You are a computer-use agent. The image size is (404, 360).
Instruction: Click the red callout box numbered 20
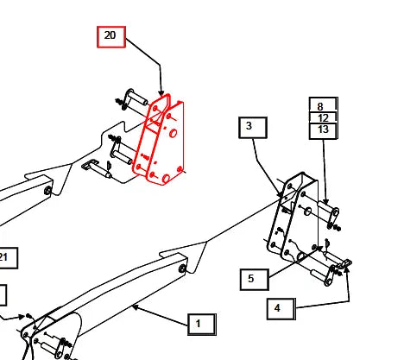tap(111, 37)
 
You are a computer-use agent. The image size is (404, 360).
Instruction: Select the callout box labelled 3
tap(253, 128)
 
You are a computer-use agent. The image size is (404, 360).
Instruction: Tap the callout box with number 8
tap(323, 105)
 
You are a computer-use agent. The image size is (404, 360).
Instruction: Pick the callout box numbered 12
tap(323, 118)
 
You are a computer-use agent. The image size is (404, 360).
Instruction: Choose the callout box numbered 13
tap(323, 131)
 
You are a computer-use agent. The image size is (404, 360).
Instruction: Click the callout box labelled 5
tap(255, 280)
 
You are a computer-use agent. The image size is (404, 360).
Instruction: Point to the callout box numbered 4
tap(281, 309)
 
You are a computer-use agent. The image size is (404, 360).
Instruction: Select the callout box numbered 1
tap(202, 325)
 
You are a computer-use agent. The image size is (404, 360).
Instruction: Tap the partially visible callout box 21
tap(8, 258)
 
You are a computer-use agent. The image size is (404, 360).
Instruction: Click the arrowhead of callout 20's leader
tap(161, 92)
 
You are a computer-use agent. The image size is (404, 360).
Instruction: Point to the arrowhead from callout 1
tap(136, 307)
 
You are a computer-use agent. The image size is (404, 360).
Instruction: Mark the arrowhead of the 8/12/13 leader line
tap(325, 201)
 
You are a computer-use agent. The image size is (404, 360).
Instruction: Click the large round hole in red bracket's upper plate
tap(174, 133)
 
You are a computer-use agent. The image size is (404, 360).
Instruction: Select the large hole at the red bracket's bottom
tap(166, 179)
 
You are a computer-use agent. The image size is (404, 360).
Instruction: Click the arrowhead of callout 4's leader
tap(346, 269)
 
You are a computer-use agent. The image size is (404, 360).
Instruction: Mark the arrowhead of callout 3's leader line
tap(281, 194)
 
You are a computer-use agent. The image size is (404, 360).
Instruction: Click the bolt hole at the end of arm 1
tap(182, 269)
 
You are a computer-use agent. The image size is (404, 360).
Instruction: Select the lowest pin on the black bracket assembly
tap(321, 275)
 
